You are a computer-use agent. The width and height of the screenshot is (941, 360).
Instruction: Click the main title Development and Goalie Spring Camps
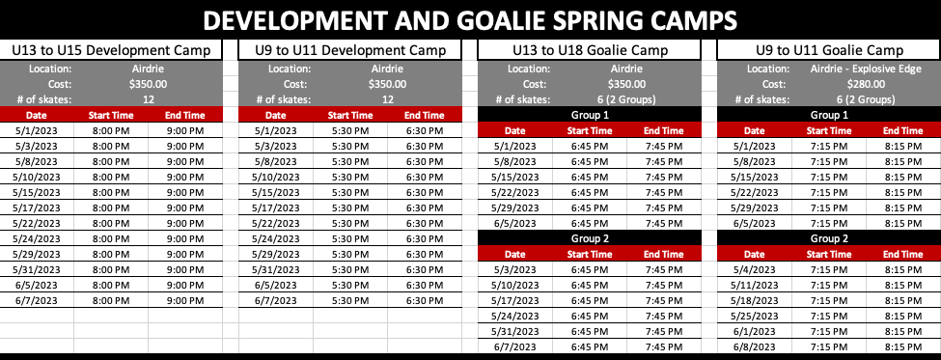point(470,21)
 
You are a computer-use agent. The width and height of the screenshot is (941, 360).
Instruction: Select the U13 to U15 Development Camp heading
point(112,50)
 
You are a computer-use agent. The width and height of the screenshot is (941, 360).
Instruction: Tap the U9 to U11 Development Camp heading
point(350,50)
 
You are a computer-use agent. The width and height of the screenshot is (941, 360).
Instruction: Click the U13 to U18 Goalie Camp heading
point(590,50)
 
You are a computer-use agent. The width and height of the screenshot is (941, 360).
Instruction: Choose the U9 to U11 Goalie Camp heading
point(829,50)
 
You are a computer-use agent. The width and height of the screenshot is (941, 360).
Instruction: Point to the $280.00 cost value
point(867,84)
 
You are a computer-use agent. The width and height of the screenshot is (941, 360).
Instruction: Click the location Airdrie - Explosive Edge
point(866,69)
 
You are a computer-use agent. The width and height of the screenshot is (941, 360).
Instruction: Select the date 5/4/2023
point(755,269)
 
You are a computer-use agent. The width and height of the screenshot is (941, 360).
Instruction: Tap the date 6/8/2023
point(755,346)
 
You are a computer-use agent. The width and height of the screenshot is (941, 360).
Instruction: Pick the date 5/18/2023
point(755,300)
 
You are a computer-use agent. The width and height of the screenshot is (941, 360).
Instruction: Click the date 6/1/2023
point(755,332)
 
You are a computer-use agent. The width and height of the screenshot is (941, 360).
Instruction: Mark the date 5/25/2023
point(755,317)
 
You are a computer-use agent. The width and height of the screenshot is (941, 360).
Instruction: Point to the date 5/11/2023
point(755,285)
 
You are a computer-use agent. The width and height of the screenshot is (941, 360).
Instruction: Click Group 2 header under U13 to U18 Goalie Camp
point(590,238)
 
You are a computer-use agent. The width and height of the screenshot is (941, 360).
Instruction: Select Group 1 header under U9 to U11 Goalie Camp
point(829,115)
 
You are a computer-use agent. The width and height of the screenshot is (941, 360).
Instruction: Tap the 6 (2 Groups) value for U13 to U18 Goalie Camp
point(627,99)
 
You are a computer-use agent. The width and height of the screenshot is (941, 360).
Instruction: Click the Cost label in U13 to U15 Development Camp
point(58,84)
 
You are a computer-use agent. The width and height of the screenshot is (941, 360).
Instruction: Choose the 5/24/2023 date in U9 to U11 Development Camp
point(275,238)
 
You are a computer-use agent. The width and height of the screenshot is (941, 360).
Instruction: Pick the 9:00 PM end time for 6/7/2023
point(185,300)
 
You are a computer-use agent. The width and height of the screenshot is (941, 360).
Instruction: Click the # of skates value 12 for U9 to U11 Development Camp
point(388,99)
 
